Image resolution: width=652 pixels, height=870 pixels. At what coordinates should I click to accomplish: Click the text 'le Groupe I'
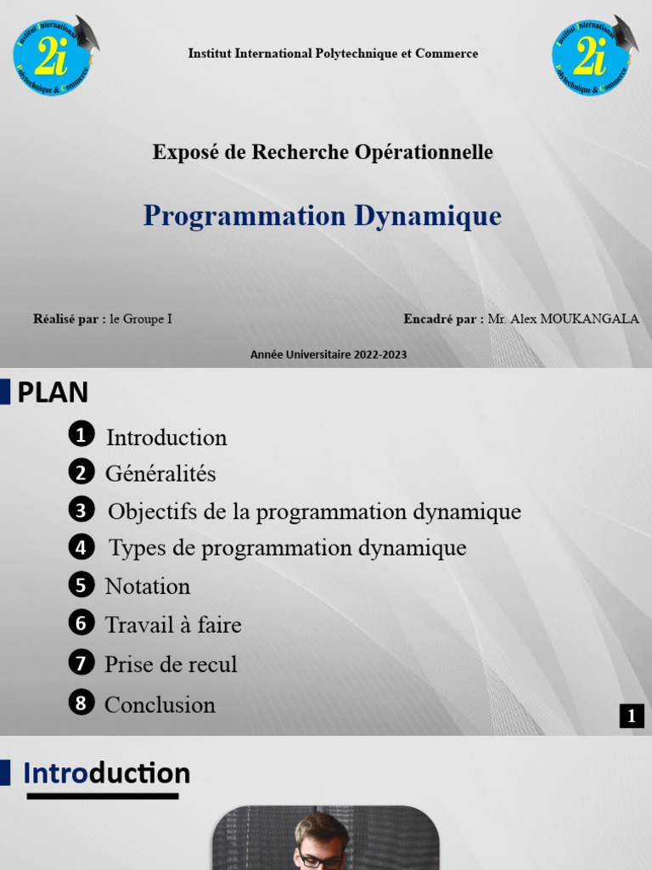click(141, 319)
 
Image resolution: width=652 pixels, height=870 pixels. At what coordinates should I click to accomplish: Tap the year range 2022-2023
click(379, 354)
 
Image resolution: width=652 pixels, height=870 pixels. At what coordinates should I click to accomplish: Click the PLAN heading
click(53, 393)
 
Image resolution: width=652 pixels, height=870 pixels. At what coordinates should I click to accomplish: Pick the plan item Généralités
click(160, 473)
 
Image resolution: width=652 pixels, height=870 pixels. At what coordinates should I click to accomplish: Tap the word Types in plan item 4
click(138, 548)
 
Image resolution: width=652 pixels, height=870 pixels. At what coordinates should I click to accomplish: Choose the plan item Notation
click(147, 586)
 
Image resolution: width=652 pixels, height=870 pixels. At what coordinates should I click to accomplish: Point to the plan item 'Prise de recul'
click(171, 664)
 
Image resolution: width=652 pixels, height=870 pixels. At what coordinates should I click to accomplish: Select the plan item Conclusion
click(160, 704)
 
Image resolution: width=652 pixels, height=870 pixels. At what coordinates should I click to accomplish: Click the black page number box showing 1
click(631, 716)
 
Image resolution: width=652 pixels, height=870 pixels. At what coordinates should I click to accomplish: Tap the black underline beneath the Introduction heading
click(102, 796)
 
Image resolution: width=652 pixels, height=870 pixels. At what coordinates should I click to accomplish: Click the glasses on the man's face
click(322, 860)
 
